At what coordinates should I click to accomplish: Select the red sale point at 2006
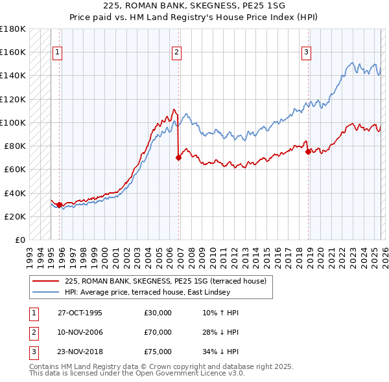coord(178,157)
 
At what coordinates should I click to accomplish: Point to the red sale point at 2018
coord(307,152)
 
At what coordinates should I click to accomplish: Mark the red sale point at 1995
coord(60,205)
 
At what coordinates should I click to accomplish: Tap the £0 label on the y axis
coord(19,240)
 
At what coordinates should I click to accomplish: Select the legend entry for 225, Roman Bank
coord(169,281)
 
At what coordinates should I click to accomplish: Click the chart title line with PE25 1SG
coord(194,5)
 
